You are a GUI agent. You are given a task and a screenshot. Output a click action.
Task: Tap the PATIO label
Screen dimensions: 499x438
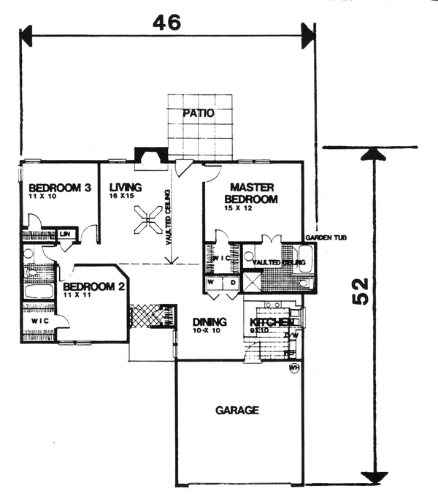coord(199,113)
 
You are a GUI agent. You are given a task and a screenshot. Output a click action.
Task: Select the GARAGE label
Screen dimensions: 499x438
coord(237,410)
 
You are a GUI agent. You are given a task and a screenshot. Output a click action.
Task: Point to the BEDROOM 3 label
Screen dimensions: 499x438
coord(55,188)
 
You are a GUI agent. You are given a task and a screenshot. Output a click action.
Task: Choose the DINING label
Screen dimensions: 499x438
coord(210,322)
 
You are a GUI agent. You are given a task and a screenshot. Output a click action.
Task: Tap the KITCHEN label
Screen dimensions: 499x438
coord(272,322)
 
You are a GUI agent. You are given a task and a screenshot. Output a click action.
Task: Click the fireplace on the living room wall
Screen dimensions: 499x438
coord(150,155)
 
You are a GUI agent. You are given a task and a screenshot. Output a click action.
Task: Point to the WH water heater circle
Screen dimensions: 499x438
coord(295,367)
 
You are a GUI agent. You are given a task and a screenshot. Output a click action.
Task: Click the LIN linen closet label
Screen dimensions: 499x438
coord(66,234)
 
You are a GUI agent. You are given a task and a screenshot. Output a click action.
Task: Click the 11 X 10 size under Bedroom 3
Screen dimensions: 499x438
coord(42,197)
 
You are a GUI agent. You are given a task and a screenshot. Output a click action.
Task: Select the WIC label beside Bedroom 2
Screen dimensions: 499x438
coord(34,321)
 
